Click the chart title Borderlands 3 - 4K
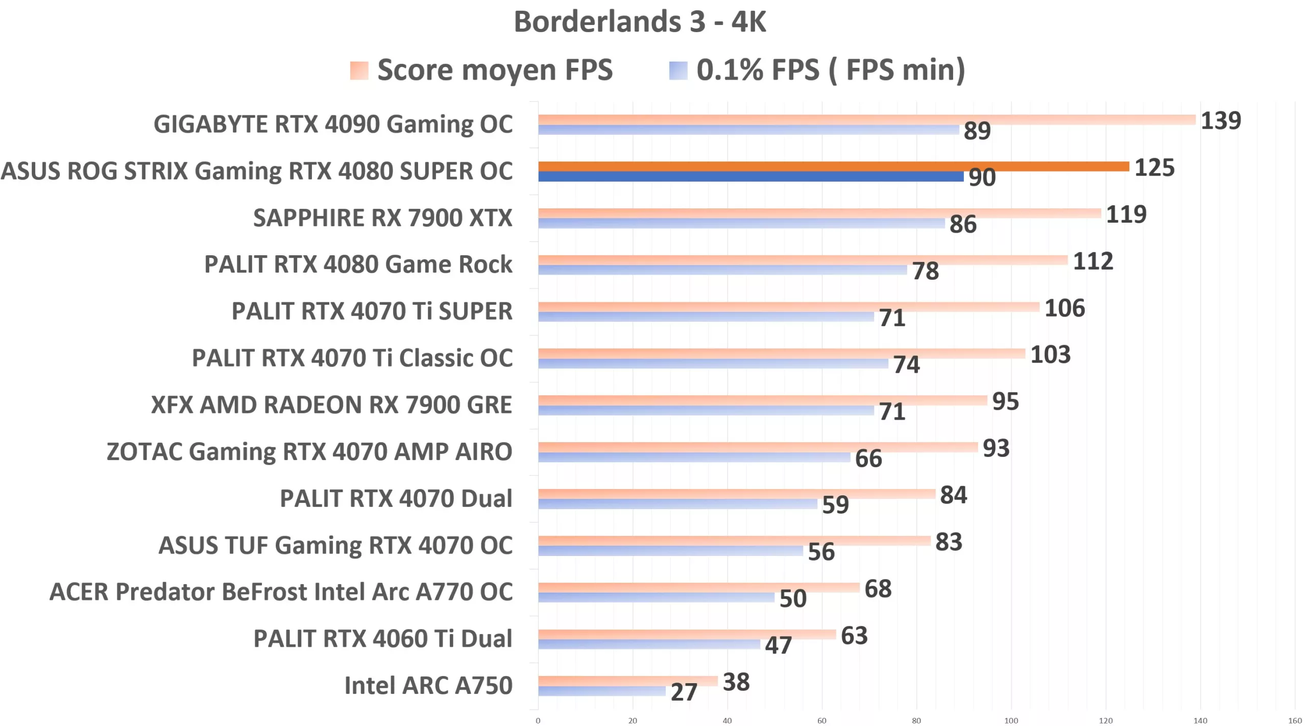pos(639,22)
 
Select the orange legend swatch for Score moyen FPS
pos(359,70)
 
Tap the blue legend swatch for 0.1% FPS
pos(678,70)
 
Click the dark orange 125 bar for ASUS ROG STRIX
pos(833,166)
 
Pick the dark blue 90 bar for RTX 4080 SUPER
pos(751,177)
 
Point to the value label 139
pos(1220,121)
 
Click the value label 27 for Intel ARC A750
pos(683,692)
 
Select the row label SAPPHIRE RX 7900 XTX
pos(382,218)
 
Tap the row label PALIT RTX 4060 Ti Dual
pos(382,639)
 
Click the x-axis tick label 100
pos(1011,720)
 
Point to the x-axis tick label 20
pos(633,720)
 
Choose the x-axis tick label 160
pos(1295,720)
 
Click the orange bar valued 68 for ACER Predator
pos(698,587)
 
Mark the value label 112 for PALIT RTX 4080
pos(1093,261)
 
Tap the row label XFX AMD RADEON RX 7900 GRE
pos(331,405)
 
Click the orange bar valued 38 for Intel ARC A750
pos(627,681)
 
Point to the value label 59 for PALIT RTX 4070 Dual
pos(835,505)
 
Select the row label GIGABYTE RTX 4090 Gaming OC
pos(333,125)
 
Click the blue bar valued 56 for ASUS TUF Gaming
pos(670,551)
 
